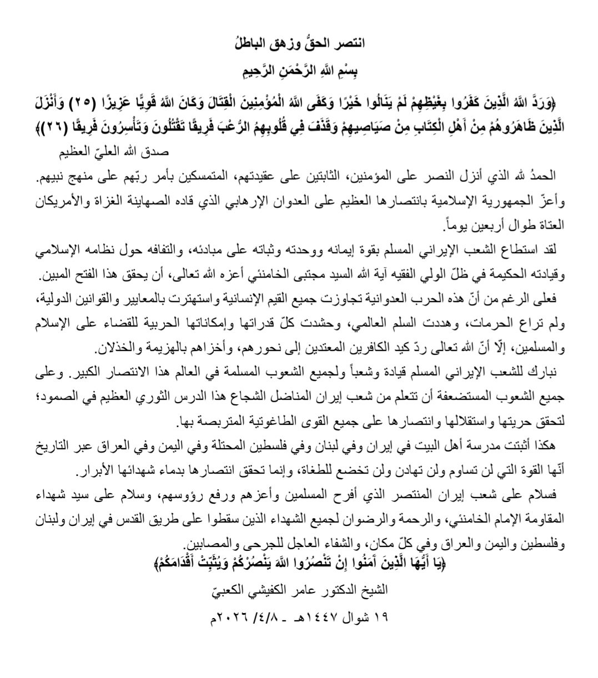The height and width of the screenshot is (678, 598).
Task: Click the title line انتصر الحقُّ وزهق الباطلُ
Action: click(299, 43)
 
